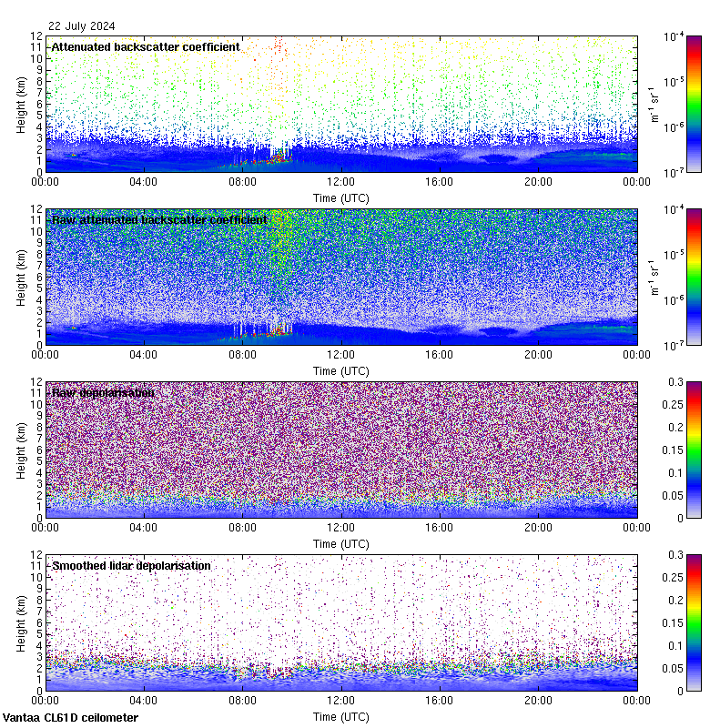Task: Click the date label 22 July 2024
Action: pos(82,25)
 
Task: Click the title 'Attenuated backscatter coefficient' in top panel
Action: pos(146,46)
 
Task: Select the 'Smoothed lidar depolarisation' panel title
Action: pos(131,565)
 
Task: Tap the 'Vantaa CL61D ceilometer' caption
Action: pos(70,718)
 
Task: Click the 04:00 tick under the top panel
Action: pos(144,182)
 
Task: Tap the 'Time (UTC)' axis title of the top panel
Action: pos(341,197)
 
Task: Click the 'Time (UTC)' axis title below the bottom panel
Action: pos(341,717)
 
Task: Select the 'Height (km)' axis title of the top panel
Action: pos(21,104)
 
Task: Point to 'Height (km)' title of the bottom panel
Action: pos(21,622)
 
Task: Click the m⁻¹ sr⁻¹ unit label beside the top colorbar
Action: pos(653,104)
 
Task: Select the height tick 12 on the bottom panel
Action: pos(36,554)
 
